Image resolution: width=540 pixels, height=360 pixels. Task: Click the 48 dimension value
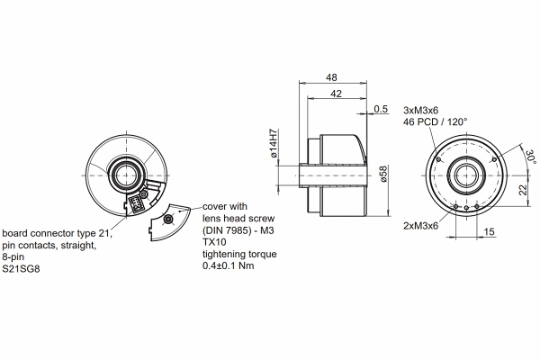tap(333, 78)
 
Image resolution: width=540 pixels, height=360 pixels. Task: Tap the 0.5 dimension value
tap(380, 110)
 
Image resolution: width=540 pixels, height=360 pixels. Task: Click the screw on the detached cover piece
tap(168, 220)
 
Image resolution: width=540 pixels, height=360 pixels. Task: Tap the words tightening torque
tap(240, 255)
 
